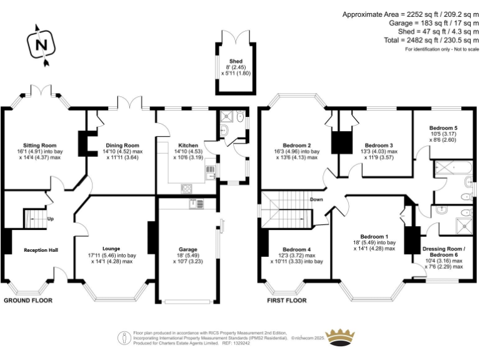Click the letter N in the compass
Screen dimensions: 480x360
(x=42, y=45)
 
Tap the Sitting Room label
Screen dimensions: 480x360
(x=40, y=146)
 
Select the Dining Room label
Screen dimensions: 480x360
(x=122, y=146)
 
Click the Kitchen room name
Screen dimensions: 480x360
(x=188, y=146)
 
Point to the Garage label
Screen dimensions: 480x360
(x=188, y=249)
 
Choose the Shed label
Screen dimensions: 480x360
(x=236, y=61)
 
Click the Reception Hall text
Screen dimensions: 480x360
(x=41, y=250)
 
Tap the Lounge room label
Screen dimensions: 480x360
(x=111, y=249)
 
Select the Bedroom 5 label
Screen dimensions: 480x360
(x=443, y=128)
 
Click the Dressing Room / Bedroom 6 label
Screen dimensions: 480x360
(x=444, y=252)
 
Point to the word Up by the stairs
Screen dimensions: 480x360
(x=51, y=219)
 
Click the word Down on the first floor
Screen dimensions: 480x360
(x=316, y=199)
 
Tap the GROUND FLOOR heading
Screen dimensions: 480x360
(x=28, y=301)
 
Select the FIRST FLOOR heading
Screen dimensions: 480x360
(x=287, y=301)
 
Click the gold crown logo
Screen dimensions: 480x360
(x=340, y=337)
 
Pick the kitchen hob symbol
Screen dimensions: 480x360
(x=186, y=189)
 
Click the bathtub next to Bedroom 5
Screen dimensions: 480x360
(x=452, y=167)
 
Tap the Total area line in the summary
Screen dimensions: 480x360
(x=431, y=40)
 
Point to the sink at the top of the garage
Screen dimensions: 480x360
(x=196, y=204)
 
